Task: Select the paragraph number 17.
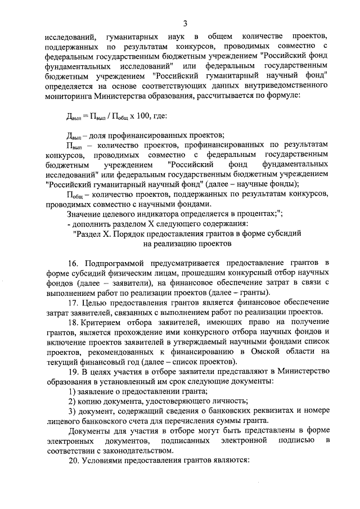point(74,303)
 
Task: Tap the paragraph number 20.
point(74,460)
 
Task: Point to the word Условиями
point(106,460)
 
